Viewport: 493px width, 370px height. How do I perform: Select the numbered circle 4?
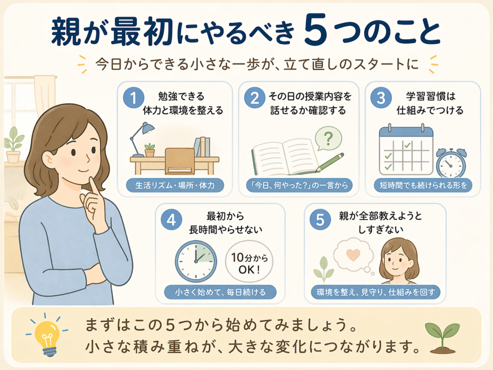pyautogui.click(x=171, y=220)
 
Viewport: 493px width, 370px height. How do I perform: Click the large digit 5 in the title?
pyautogui.click(x=316, y=32)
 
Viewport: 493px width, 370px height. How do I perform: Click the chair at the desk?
pyautogui.click(x=180, y=161)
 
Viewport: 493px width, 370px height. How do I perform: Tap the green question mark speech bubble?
pyautogui.click(x=328, y=138)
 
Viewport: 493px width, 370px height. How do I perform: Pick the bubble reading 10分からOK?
pyautogui.click(x=249, y=262)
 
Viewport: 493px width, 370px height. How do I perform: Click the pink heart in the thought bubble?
pyautogui.click(x=353, y=254)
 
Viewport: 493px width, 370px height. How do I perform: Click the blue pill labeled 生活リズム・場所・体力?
pyautogui.click(x=175, y=185)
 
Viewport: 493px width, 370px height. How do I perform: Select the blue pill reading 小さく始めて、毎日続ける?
pyautogui.click(x=220, y=292)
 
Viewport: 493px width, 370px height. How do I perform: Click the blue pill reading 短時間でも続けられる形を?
pyautogui.click(x=423, y=185)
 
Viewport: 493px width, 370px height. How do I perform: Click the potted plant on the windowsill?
pyautogui.click(x=13, y=145)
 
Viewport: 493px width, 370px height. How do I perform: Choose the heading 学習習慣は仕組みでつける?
pyautogui.click(x=430, y=103)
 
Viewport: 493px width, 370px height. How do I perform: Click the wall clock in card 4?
pyautogui.click(x=195, y=262)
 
